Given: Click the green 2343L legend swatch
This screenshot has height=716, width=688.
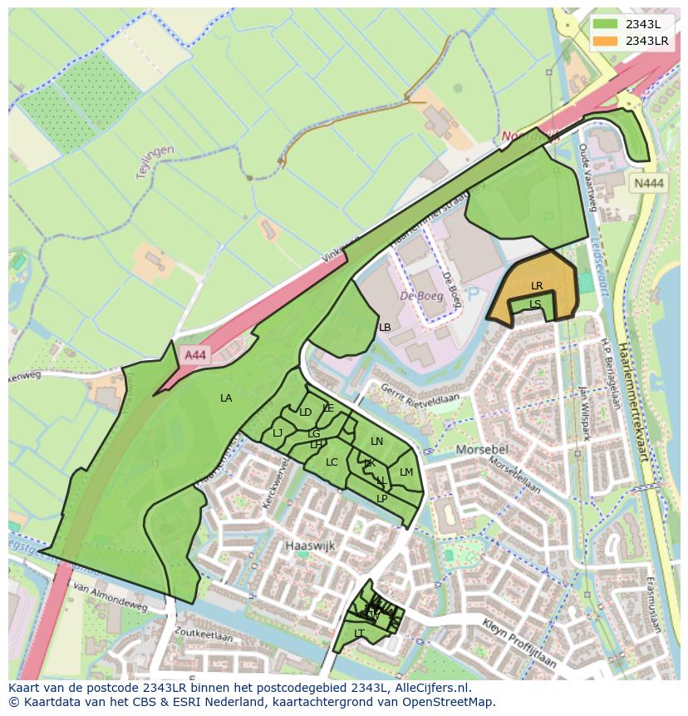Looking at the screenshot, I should point(606,23).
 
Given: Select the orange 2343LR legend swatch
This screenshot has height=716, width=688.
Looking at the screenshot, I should point(606,41).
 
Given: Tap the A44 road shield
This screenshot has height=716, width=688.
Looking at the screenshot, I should point(194,355).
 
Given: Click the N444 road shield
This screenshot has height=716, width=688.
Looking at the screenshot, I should point(648,185).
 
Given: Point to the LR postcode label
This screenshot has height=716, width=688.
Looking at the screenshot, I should point(537,286).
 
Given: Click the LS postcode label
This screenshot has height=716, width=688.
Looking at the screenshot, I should point(535,304).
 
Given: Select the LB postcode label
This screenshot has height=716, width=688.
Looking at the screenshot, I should point(385,328).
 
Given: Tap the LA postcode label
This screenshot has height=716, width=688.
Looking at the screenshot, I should point(226,398).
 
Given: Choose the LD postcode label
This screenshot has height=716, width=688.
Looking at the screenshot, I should point(305,412).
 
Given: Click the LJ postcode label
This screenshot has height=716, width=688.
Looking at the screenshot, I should point(278,432).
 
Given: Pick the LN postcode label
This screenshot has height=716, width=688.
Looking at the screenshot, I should point(376,442).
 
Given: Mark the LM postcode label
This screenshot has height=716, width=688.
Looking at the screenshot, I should point(406,472).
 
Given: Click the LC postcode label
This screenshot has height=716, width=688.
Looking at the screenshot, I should point(332,462).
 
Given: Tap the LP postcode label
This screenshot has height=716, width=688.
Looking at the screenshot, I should point(381,498).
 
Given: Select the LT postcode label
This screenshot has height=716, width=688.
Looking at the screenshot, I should point(359,633).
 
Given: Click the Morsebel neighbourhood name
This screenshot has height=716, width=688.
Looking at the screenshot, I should point(481,450).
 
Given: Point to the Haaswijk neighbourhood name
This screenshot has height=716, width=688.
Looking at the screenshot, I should point(307,546).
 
